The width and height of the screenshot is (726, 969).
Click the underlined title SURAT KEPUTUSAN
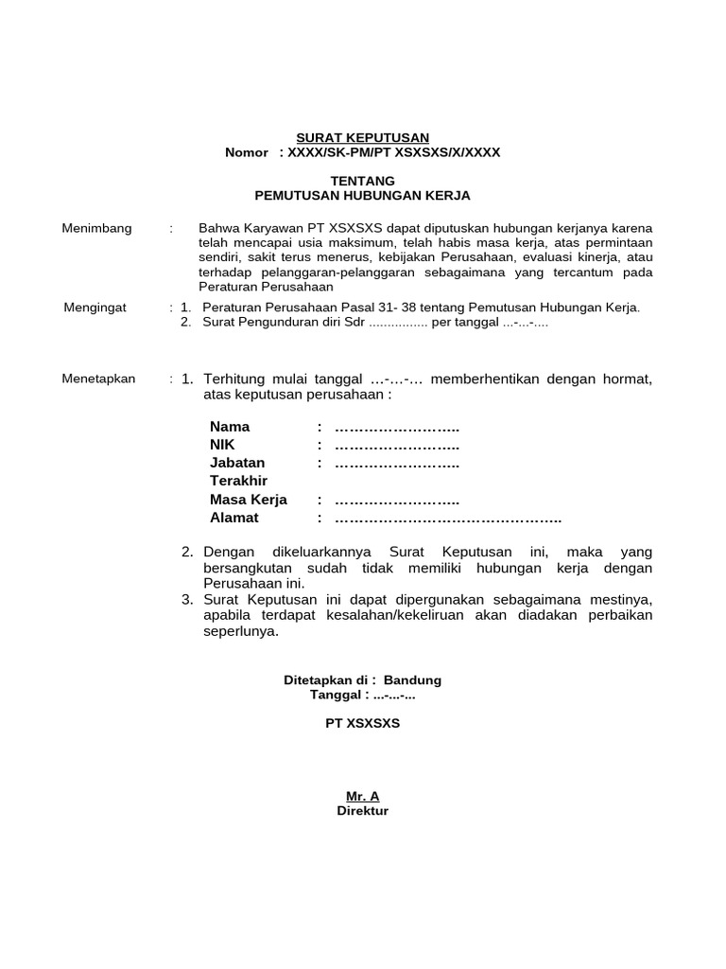[364, 137]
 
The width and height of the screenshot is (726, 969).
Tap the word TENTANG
[363, 180]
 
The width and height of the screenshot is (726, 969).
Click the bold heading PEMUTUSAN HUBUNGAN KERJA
[363, 195]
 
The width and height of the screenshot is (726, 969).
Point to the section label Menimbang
[96, 229]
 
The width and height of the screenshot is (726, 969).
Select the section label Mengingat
[95, 308]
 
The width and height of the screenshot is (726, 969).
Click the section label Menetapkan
[98, 379]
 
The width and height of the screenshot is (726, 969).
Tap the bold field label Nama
[230, 427]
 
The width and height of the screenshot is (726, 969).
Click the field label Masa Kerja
[248, 500]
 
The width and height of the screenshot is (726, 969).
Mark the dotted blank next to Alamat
[448, 519]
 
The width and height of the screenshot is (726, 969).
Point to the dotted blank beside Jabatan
[397, 464]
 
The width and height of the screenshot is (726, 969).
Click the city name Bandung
[412, 680]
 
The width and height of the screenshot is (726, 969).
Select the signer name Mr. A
[363, 796]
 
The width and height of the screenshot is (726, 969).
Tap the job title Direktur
[363, 811]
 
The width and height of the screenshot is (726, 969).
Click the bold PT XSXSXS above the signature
[363, 723]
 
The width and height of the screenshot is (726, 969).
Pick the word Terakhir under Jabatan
[239, 482]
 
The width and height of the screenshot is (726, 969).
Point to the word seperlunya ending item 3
[242, 632]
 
